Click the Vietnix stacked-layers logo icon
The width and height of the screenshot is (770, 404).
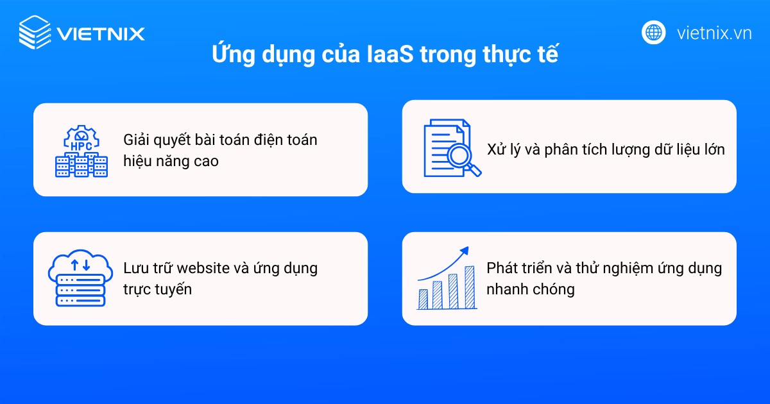[34, 32]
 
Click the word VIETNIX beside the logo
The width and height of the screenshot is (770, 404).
[100, 33]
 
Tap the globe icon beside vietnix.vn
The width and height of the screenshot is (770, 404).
[653, 32]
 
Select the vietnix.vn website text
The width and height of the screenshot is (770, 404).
[714, 33]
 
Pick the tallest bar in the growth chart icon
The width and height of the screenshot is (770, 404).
[469, 287]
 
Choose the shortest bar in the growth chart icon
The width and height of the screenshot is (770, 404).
[424, 299]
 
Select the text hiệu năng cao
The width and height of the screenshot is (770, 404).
[171, 161]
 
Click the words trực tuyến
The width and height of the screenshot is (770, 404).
[157, 289]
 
